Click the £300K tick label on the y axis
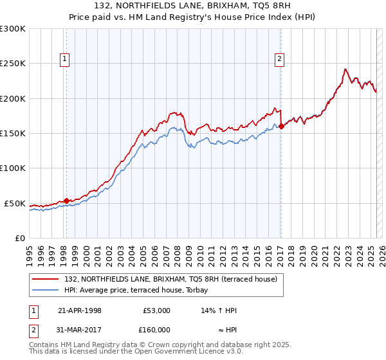coord(13,29)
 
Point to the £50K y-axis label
coord(15,203)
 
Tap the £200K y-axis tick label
coord(13,98)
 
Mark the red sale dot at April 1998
coord(67,201)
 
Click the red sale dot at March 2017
coord(281,127)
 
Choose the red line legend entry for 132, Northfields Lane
coord(170,279)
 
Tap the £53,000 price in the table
coord(156,310)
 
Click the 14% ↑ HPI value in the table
coord(219,310)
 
